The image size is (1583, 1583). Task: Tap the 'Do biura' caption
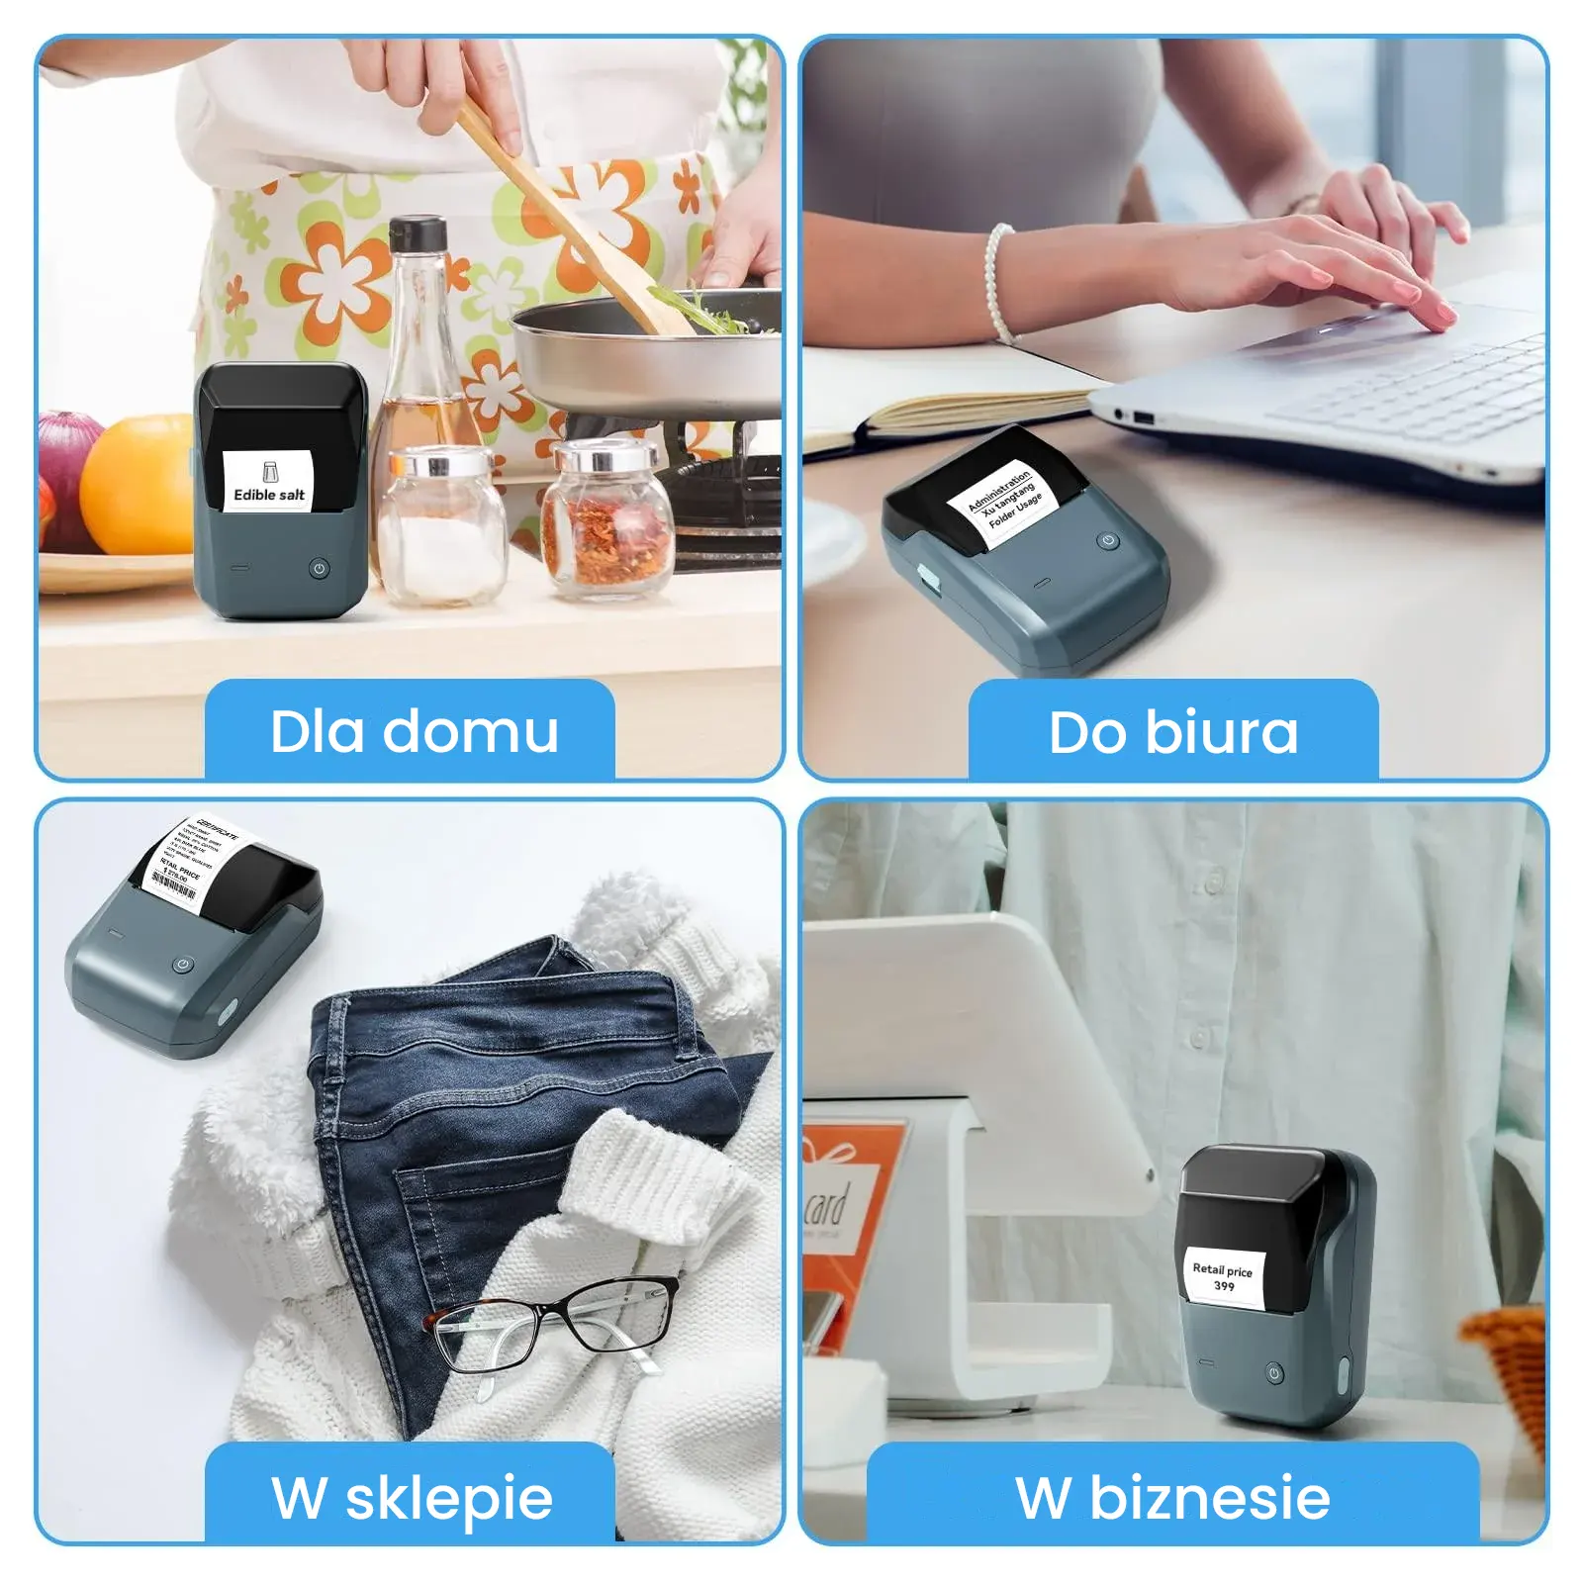coord(1173,731)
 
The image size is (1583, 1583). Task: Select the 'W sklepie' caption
coord(411,1496)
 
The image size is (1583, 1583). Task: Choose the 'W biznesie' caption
coord(1173,1496)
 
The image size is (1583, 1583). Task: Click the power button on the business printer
coord(1274,1372)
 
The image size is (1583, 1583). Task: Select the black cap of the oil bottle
coord(417,234)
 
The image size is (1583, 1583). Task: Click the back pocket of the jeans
coord(475,1227)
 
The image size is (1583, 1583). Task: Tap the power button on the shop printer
coord(182,964)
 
